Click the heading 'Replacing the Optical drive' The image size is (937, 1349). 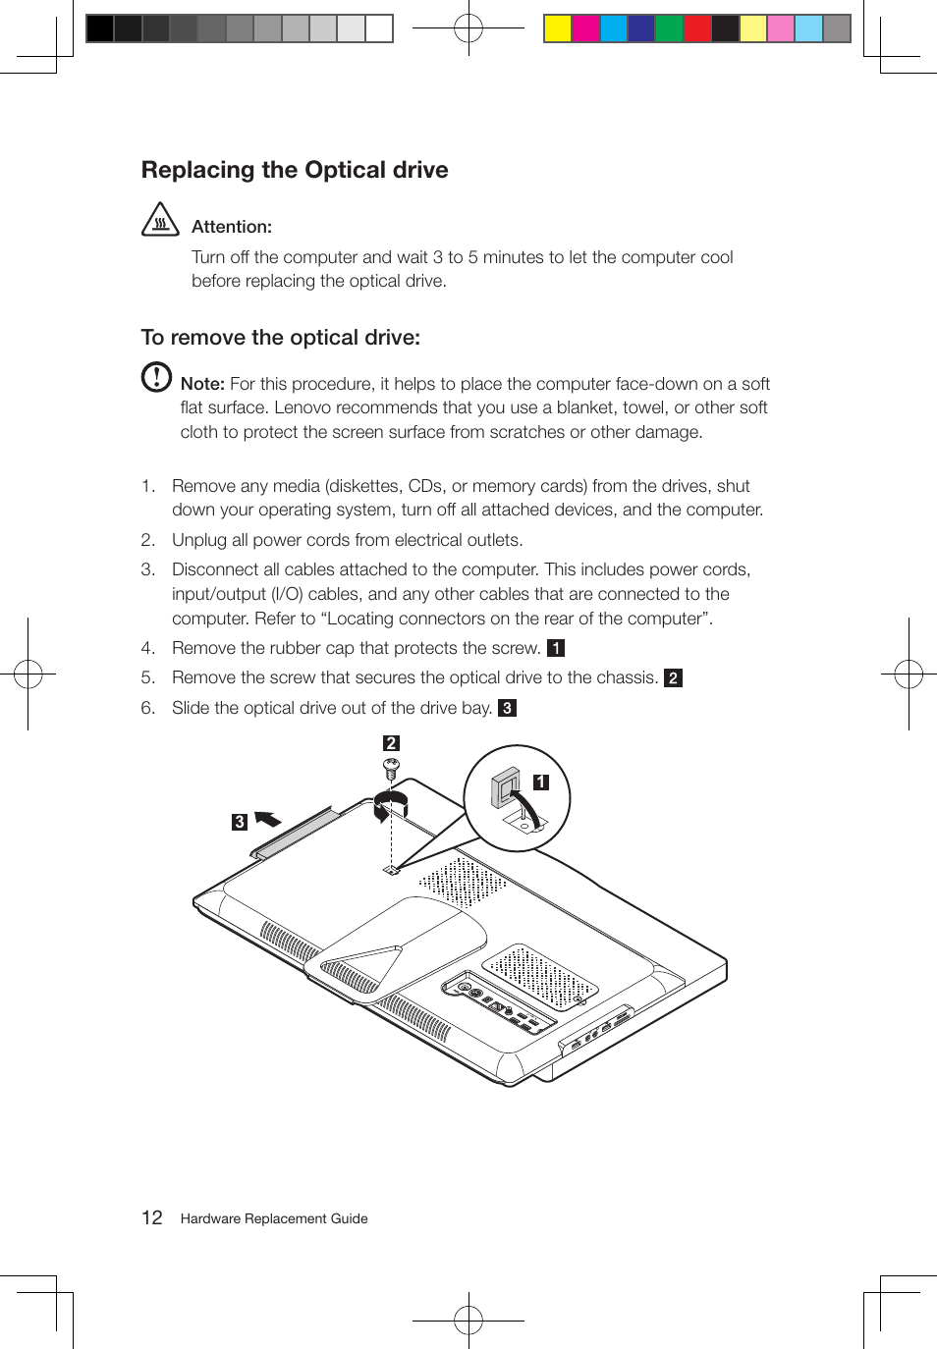pyautogui.click(x=295, y=170)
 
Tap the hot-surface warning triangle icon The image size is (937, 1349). pyautogui.click(x=160, y=220)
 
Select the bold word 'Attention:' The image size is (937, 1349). pyautogui.click(x=232, y=227)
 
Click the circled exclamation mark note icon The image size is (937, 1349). pyautogui.click(x=156, y=377)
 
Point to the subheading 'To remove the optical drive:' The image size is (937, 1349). pyautogui.click(x=281, y=338)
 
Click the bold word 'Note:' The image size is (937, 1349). pyautogui.click(x=202, y=384)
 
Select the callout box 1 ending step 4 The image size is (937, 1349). pyautogui.click(x=556, y=648)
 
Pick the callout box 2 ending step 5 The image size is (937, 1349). pyautogui.click(x=673, y=678)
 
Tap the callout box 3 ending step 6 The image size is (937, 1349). pyautogui.click(x=507, y=708)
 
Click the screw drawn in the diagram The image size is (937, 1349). pyautogui.click(x=391, y=767)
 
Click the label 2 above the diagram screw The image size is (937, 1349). pyautogui.click(x=391, y=743)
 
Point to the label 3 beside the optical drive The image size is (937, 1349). pyautogui.click(x=240, y=822)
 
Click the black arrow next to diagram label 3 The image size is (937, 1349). pyautogui.click(x=267, y=819)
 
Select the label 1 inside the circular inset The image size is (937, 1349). pyautogui.click(x=541, y=782)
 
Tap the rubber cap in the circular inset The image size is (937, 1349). pyautogui.click(x=506, y=788)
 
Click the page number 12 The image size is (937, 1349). pyautogui.click(x=152, y=1217)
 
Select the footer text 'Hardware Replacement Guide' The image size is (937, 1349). pyautogui.click(x=274, y=1218)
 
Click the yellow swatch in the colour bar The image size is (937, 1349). pyautogui.click(x=558, y=28)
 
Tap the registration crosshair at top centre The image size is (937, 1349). pyautogui.click(x=468, y=28)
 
